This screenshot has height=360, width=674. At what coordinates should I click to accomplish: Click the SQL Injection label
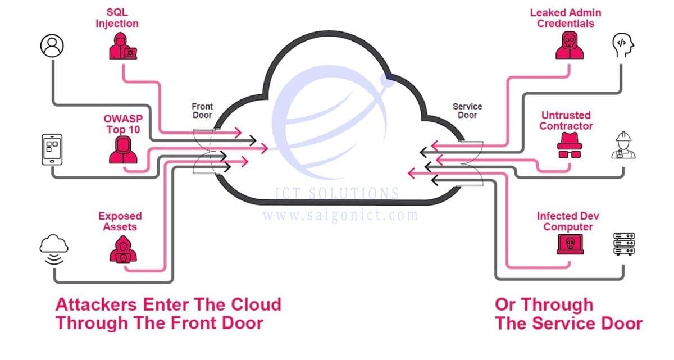coord(117,18)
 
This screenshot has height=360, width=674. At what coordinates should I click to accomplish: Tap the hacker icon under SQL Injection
coord(123,46)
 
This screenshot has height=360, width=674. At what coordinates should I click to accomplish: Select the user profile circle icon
coord(52,45)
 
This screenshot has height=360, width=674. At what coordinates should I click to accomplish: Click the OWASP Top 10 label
coord(123,124)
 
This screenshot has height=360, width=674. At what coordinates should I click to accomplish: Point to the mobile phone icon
coord(52,149)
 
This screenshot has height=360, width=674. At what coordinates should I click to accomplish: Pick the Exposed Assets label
coord(120,221)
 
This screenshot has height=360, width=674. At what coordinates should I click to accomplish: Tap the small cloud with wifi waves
coord(54,249)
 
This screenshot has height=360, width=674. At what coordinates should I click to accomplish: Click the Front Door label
coord(202,111)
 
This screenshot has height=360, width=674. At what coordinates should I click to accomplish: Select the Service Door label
coord(467,111)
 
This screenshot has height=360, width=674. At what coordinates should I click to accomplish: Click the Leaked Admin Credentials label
coord(566,18)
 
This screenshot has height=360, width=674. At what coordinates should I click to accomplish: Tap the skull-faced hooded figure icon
coord(570,45)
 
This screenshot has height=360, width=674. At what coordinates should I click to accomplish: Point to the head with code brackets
coord(623,45)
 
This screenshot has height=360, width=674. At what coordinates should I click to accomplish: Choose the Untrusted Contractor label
coord(566,121)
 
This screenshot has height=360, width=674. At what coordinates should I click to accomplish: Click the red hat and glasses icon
coord(570,145)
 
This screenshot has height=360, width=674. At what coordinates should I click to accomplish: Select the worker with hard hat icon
coord(623,145)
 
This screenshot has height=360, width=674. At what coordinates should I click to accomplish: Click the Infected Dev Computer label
coord(568,221)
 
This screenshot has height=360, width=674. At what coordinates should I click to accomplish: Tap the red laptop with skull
coord(570,244)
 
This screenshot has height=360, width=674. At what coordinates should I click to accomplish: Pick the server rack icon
coord(624,244)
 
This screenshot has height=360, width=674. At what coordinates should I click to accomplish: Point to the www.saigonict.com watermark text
coord(340,215)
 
